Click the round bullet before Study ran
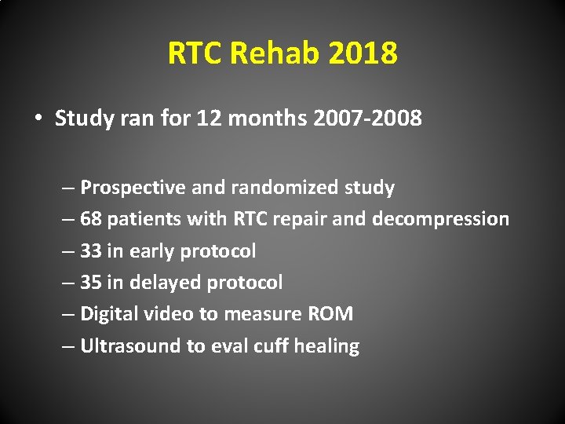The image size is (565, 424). (38, 119)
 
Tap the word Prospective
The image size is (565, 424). (131, 188)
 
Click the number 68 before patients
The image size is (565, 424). (91, 219)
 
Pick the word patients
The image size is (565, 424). (140, 219)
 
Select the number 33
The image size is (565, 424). (91, 251)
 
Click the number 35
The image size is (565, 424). (91, 283)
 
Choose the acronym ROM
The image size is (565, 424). (331, 314)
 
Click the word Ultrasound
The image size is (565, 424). (131, 346)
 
